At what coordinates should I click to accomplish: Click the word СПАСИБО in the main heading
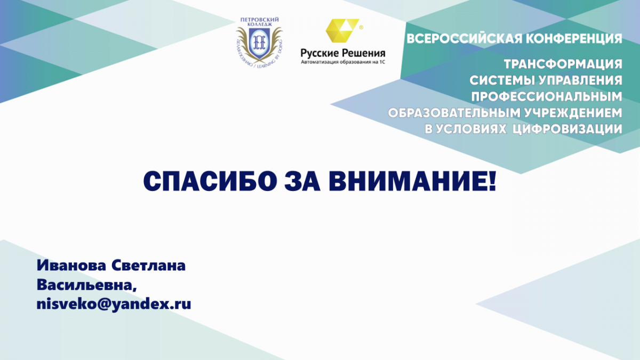[x=210, y=182]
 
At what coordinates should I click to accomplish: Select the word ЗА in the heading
[x=302, y=182]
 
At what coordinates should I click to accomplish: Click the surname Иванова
[x=71, y=266]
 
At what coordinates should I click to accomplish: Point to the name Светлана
[x=149, y=266]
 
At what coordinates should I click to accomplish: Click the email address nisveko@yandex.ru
[x=114, y=305]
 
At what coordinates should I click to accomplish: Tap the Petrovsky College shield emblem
[x=259, y=44]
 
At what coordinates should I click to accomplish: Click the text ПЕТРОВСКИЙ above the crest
[x=259, y=20]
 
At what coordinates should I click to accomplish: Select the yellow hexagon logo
[x=342, y=30]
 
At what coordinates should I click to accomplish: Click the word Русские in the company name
[x=319, y=53]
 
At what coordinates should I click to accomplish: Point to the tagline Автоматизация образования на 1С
[x=343, y=62]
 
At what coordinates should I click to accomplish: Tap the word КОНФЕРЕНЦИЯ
[x=574, y=39]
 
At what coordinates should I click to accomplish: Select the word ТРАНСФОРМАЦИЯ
[x=563, y=64]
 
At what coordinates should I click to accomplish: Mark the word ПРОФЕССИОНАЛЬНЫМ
[x=547, y=97]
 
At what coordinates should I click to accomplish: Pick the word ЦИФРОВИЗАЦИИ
[x=567, y=129]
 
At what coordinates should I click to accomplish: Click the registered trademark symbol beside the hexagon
[x=361, y=27]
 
